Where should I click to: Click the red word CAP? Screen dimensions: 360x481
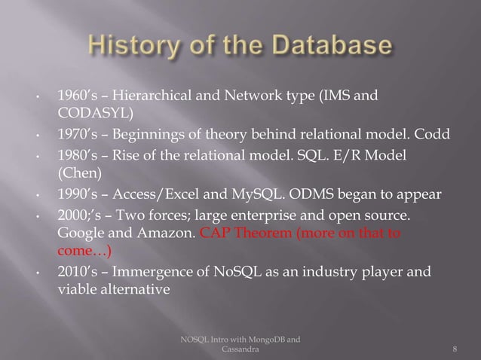coord(215,233)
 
